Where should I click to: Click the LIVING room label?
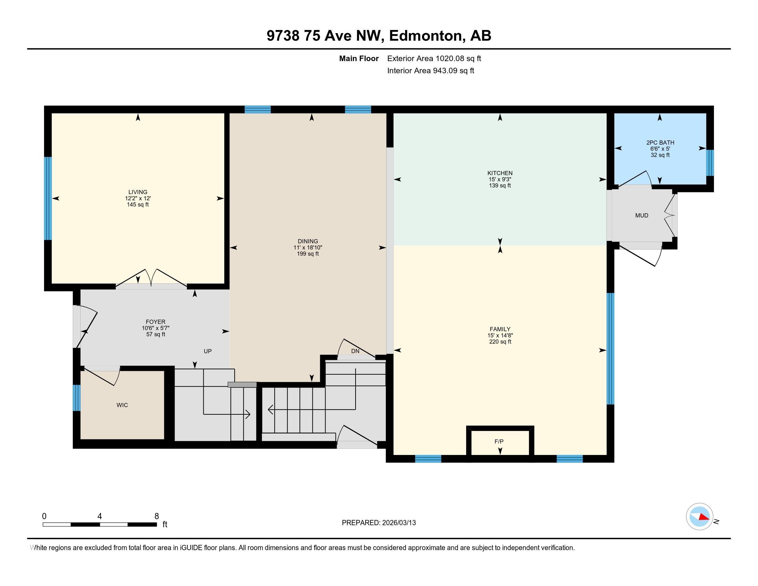(138, 192)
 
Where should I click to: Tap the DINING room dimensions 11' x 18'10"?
(308, 247)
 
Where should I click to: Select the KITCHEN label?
(500, 173)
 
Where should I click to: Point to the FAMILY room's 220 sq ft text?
(500, 342)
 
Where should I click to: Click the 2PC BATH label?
(660, 142)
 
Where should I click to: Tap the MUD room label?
(642, 215)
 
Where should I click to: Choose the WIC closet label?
(122, 405)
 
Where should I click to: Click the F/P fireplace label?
(499, 442)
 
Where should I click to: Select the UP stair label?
(207, 351)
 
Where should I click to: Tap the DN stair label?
(355, 351)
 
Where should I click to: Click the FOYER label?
(155, 322)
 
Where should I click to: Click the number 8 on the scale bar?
(156, 516)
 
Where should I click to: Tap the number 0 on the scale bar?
(44, 516)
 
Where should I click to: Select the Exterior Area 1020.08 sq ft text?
(434, 58)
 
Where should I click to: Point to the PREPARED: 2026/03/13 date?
(379, 523)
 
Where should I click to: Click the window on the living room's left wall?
(48, 198)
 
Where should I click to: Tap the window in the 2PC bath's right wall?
(710, 163)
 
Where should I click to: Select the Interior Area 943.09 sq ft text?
(431, 70)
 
